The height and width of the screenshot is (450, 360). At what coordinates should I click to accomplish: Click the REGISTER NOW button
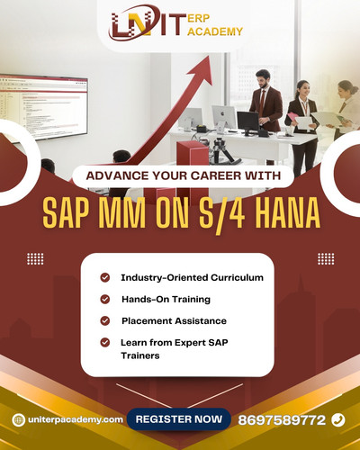click(x=178, y=419)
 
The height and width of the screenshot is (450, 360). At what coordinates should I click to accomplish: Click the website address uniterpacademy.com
click(x=74, y=419)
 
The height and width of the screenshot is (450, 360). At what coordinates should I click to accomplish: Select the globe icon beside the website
click(x=18, y=419)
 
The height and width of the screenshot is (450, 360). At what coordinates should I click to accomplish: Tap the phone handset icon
click(x=337, y=419)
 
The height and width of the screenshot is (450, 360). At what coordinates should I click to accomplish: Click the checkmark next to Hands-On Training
click(x=105, y=299)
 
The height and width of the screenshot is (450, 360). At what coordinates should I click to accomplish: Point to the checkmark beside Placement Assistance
click(x=105, y=320)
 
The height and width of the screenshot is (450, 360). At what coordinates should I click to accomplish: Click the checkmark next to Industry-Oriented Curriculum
click(x=105, y=277)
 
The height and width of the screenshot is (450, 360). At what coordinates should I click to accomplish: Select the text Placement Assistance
click(x=174, y=320)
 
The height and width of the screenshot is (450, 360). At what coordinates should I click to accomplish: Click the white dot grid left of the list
click(x=35, y=258)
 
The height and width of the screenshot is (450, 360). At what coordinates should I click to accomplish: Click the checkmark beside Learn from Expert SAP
click(x=105, y=342)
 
